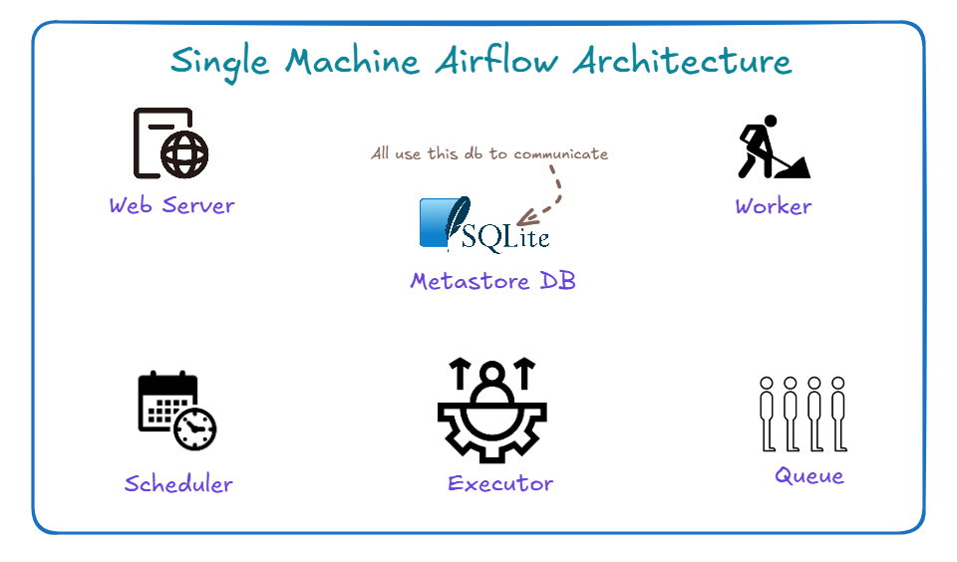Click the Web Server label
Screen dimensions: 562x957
(x=171, y=206)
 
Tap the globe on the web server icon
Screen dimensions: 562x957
(x=184, y=154)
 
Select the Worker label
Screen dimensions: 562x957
(x=773, y=207)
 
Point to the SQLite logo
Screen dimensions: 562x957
(x=484, y=224)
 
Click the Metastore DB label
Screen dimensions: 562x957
(x=492, y=282)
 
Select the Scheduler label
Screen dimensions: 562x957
(x=178, y=484)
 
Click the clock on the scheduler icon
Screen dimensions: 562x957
(x=194, y=428)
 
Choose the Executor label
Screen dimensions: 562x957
(x=500, y=484)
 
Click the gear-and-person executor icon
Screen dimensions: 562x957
(x=491, y=410)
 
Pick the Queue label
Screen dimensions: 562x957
(x=809, y=476)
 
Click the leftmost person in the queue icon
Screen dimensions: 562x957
(x=767, y=414)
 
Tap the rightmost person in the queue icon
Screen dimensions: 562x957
(x=838, y=414)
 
